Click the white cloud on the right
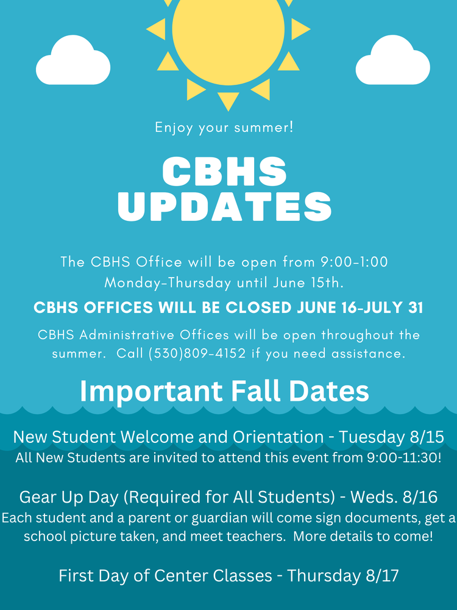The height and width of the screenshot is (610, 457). point(392,63)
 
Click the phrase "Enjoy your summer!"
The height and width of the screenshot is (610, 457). point(224,128)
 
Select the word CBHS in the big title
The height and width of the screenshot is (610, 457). point(225,172)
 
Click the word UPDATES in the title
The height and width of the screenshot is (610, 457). point(225,207)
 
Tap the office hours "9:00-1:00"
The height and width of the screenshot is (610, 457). point(354,262)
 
